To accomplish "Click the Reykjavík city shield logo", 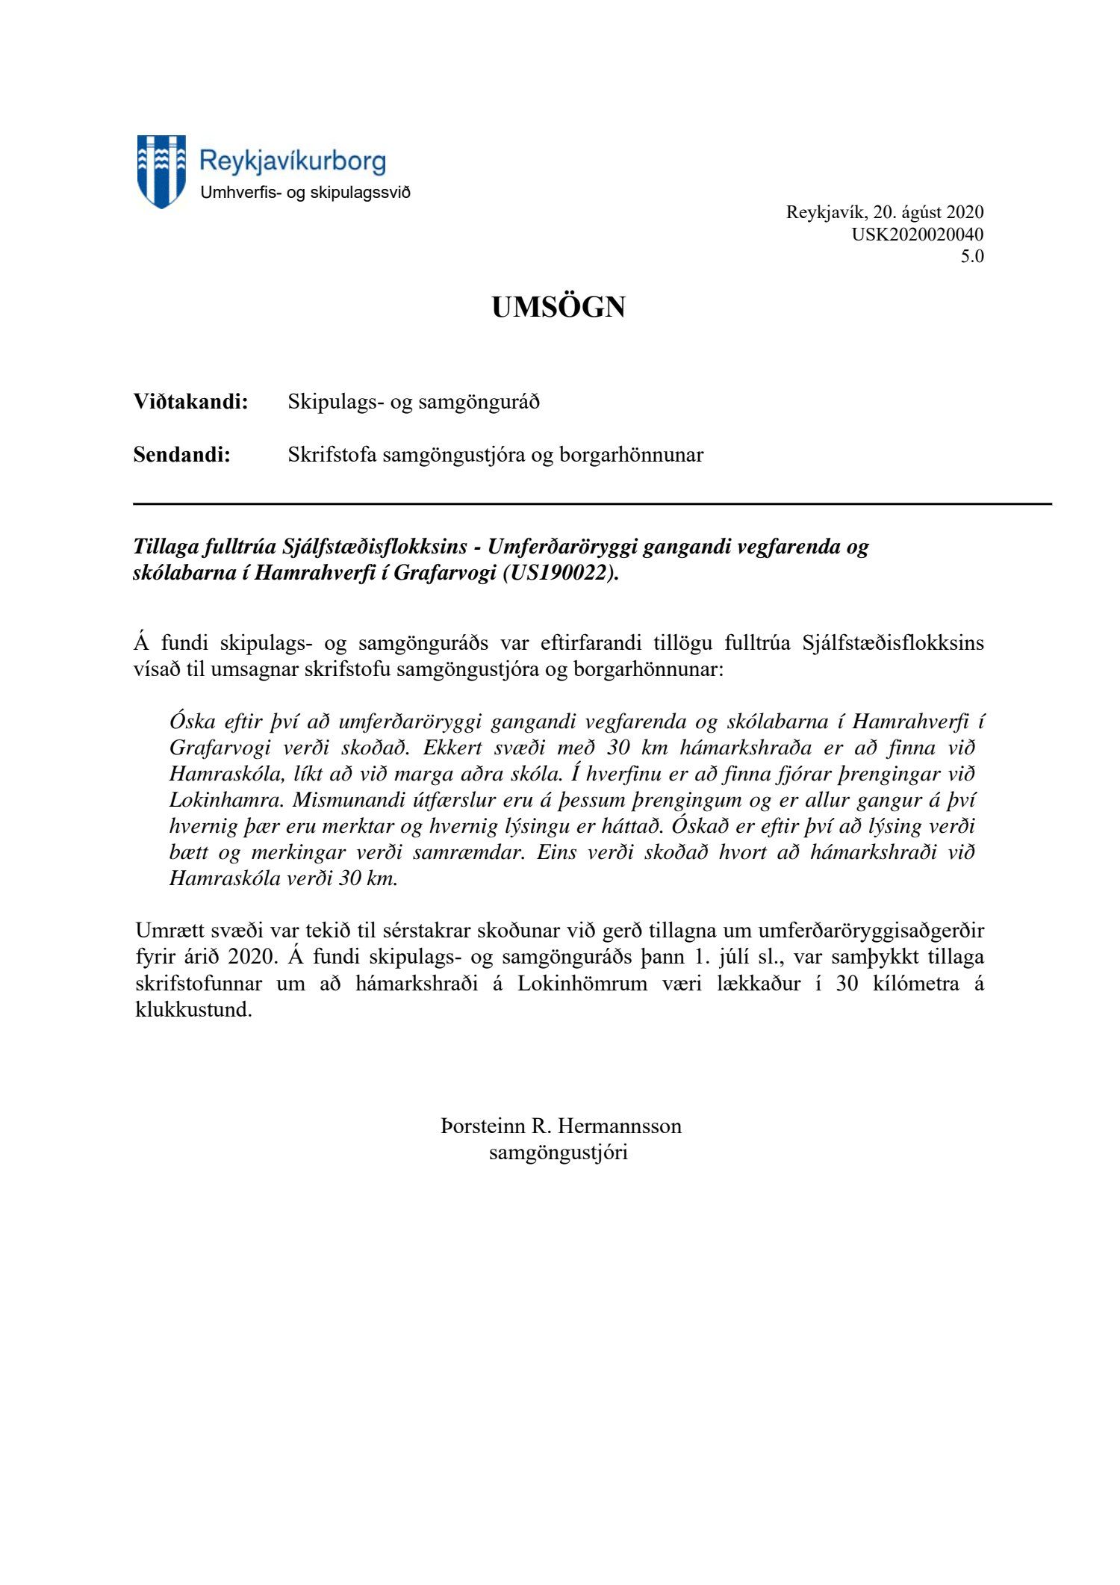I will coord(161,171).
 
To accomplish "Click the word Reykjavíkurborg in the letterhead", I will coord(293,161).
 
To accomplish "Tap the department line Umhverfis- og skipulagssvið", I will coord(305,193).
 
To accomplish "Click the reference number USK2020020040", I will coord(918,235).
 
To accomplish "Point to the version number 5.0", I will coord(972,256).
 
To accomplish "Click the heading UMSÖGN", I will coord(558,307).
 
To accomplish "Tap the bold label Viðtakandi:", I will coord(190,402).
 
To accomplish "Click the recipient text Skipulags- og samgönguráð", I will coord(414,402).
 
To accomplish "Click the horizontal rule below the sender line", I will coord(592,504).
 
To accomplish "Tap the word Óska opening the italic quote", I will coord(192,722).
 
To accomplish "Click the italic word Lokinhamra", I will coord(224,800).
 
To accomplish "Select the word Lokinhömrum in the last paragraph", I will coord(582,983).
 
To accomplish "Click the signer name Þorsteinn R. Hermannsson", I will coord(561,1126).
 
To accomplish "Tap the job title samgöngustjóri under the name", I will coord(558,1152).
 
